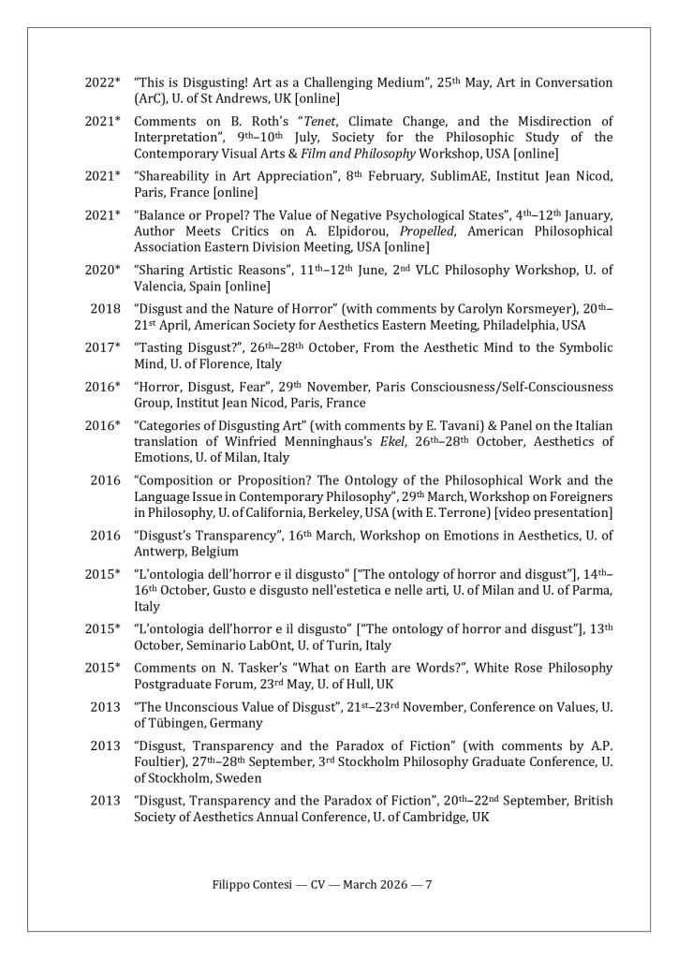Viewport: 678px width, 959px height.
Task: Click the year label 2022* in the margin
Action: coord(103,83)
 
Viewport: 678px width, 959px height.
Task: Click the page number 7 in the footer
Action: coord(428,883)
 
